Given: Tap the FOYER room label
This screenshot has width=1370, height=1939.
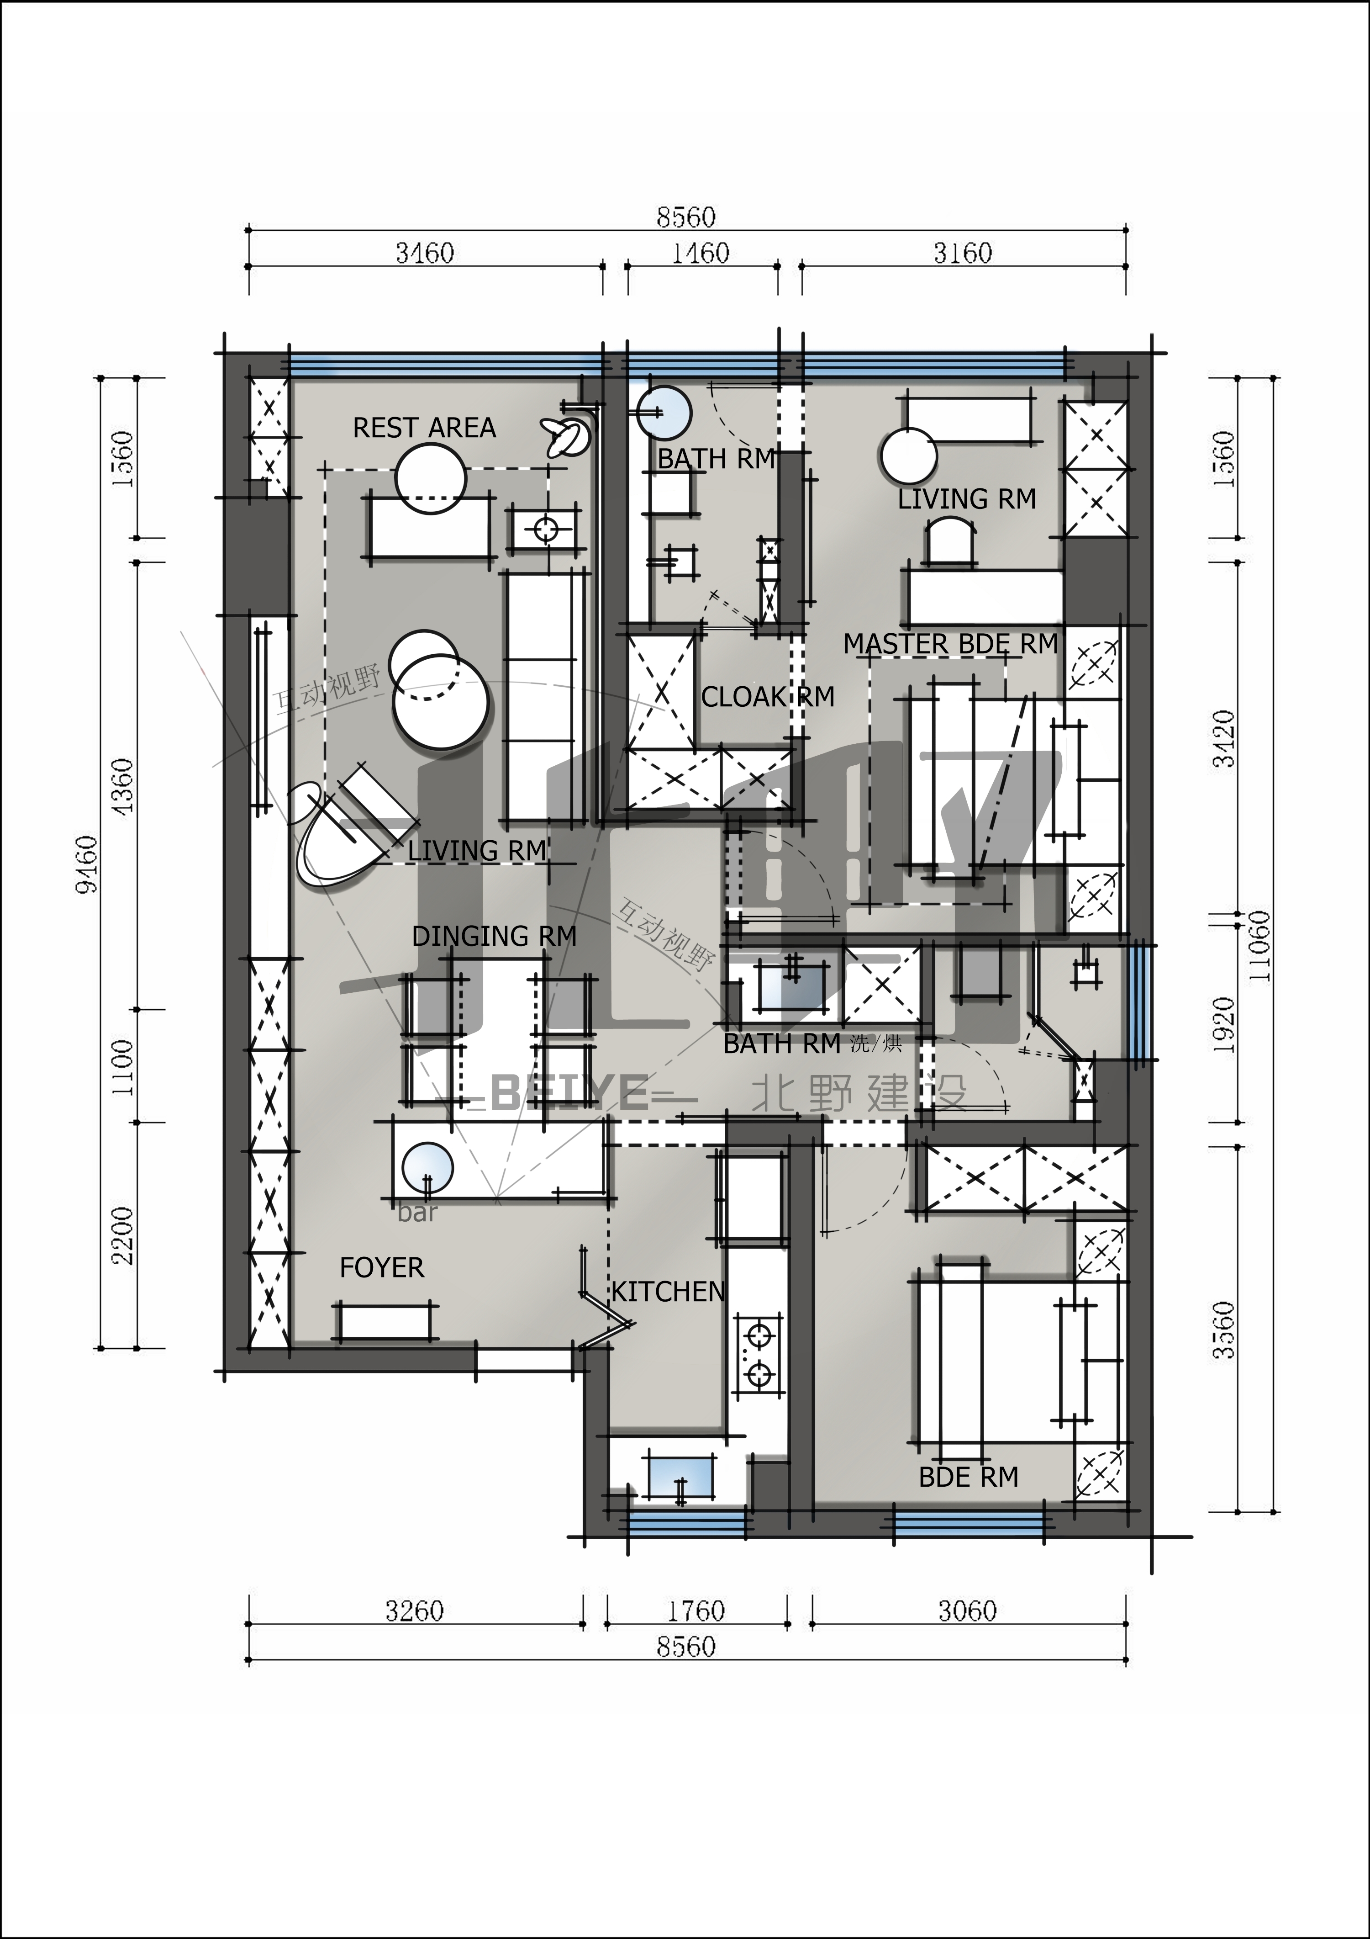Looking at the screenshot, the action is click(381, 1267).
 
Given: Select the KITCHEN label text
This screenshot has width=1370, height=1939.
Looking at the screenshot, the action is click(668, 1291).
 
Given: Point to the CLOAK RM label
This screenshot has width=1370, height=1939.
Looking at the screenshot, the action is click(767, 697).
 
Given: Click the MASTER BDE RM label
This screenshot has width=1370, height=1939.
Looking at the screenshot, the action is click(950, 644).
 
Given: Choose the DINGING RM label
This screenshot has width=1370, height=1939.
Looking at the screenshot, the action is click(494, 936).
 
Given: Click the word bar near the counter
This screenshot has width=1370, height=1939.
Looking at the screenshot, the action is click(417, 1213).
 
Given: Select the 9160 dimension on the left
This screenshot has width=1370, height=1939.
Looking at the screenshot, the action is click(87, 863).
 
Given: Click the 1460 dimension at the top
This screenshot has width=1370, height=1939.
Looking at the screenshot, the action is click(700, 253).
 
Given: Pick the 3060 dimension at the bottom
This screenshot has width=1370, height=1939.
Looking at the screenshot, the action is click(967, 1611).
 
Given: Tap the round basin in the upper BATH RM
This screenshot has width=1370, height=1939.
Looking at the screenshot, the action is click(664, 413).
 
